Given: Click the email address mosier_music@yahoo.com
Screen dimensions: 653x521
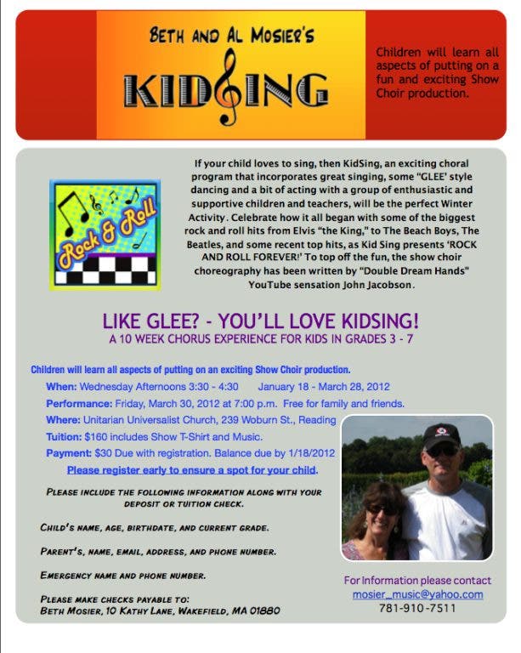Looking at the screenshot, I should click(417, 594).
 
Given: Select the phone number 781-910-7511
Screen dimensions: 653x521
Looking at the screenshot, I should click(417, 608).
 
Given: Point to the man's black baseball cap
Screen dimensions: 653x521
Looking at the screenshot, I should click(441, 434).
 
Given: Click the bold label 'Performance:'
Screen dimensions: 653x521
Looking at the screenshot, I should click(79, 403).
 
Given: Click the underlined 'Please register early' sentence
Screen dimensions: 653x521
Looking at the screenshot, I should click(192, 469).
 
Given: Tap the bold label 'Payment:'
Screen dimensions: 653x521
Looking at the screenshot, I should click(69, 452).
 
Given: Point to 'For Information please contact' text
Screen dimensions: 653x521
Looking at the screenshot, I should click(417, 580).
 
